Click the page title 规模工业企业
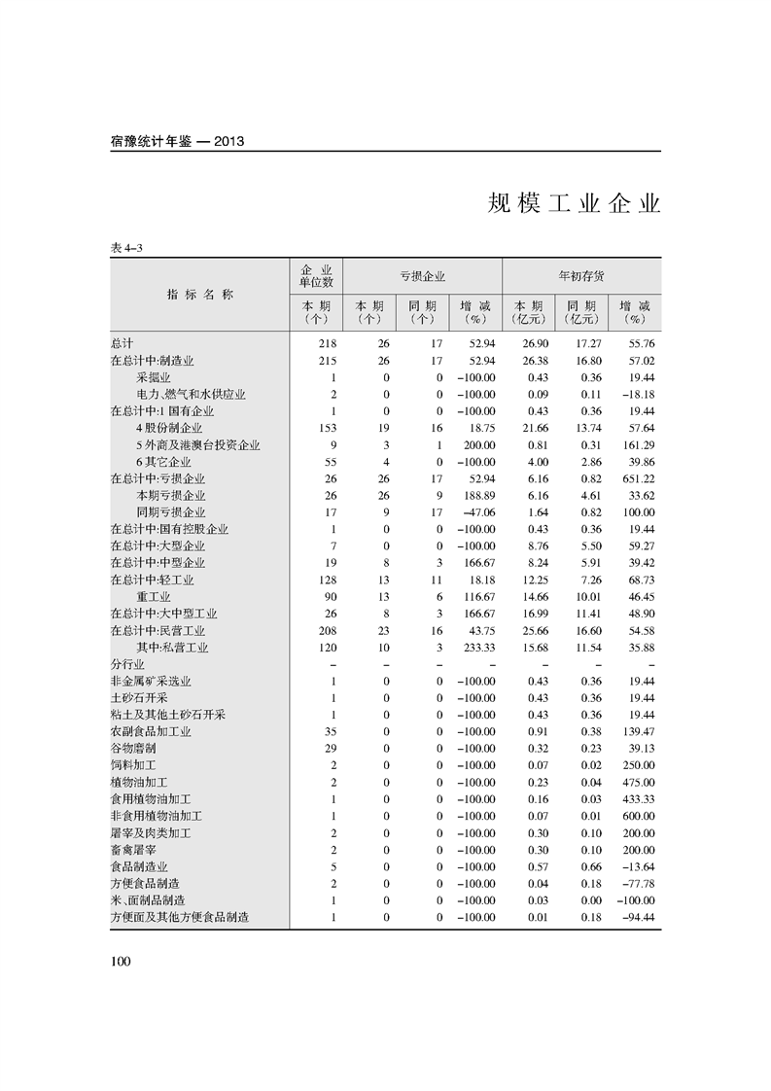click(574, 205)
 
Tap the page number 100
click(121, 962)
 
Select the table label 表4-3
click(126, 249)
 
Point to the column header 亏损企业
click(422, 277)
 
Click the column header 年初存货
click(581, 277)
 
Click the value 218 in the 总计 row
click(326, 344)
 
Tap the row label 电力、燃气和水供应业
click(191, 395)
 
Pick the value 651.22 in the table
click(638, 478)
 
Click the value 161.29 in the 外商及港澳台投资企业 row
click(638, 445)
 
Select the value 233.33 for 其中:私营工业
click(478, 648)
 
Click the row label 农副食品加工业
click(151, 731)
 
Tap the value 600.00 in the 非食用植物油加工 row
click(638, 816)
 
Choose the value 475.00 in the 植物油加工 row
click(638, 782)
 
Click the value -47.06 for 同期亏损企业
click(478, 512)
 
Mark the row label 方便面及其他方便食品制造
click(180, 917)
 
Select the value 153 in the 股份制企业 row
click(327, 428)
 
